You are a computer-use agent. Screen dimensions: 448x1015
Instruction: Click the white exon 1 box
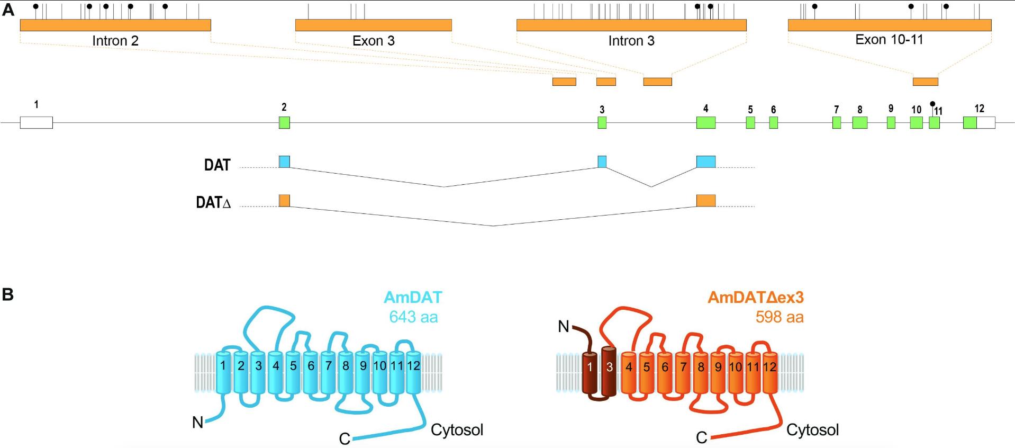pos(36,122)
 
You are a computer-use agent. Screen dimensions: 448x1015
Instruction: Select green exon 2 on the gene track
pos(285,122)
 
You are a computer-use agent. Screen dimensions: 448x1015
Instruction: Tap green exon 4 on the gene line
pos(705,122)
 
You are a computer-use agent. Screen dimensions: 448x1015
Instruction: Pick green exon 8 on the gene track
pos(859,122)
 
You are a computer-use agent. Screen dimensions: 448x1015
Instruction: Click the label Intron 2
pos(115,41)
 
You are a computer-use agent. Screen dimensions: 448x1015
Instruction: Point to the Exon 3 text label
pos(373,41)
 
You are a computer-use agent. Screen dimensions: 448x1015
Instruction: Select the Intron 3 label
pos(631,41)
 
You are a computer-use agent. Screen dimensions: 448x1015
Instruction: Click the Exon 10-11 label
pos(889,39)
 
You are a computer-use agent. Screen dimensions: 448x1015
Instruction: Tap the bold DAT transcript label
pos(217,165)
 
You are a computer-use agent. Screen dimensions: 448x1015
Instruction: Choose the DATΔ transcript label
pos(214,203)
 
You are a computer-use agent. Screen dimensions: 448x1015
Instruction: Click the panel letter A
pos(8,9)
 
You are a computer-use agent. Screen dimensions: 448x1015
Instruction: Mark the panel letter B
pos(8,295)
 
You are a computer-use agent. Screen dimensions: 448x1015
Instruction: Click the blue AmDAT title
pos(413,297)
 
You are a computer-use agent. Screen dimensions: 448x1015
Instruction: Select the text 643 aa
pos(413,317)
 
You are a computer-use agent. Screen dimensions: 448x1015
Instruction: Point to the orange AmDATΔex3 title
pos(755,297)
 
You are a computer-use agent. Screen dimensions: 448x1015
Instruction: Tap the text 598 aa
pos(779,317)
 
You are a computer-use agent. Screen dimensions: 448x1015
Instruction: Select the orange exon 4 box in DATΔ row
pos(705,201)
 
